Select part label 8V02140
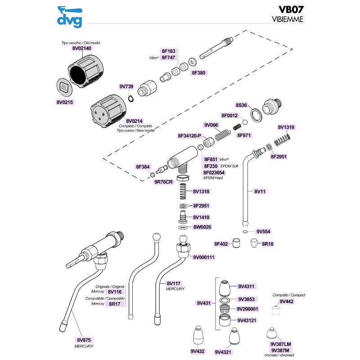81,48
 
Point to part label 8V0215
64,102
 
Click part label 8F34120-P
190,135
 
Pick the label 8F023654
214,172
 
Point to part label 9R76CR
163,182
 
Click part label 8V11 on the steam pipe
261,191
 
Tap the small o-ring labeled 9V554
244,232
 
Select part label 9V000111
204,257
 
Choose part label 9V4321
223,352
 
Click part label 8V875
84,340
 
